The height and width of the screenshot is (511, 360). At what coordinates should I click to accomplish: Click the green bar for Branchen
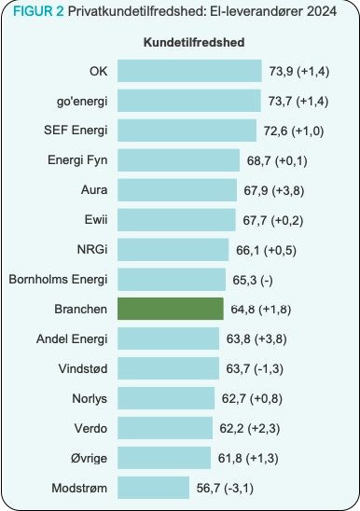point(171,309)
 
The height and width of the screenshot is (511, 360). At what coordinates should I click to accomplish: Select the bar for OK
point(189,71)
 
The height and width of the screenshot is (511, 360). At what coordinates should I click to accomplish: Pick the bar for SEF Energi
point(187,131)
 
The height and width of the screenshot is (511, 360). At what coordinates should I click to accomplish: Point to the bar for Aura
point(177,190)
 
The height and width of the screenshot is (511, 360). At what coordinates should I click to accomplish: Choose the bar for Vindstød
point(169,368)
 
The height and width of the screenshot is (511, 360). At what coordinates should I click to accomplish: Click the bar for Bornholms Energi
point(172,279)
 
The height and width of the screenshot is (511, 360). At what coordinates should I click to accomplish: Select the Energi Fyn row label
point(77,160)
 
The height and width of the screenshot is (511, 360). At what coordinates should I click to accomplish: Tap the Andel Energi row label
point(73,338)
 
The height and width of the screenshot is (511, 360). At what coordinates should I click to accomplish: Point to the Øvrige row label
point(88,458)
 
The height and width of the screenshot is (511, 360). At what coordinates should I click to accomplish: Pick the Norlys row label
point(90,398)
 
